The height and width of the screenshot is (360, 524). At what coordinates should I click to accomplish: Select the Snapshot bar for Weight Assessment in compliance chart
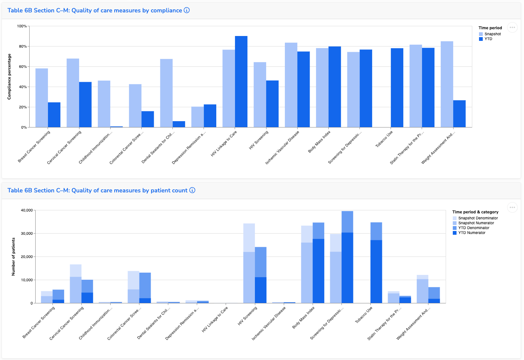(447, 84)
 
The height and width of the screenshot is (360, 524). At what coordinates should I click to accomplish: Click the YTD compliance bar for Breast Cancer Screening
(54, 115)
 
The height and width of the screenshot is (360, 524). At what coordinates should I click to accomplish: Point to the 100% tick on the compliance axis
(22, 26)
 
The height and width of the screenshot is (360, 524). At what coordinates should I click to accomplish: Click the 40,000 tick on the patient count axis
(27, 210)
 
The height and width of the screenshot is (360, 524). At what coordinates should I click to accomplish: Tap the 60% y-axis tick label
(22, 67)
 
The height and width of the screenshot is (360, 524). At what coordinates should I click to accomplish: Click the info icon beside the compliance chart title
(187, 10)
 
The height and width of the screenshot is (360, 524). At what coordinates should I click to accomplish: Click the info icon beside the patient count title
(192, 190)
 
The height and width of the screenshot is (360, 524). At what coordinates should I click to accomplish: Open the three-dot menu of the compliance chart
(512, 27)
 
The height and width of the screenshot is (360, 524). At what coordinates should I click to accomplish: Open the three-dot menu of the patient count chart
(512, 207)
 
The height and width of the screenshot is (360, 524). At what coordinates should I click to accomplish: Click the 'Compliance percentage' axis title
(9, 77)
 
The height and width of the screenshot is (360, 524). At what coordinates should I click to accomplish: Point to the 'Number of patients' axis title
(13, 256)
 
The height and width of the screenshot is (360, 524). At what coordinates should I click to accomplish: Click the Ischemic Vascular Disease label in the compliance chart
(282, 147)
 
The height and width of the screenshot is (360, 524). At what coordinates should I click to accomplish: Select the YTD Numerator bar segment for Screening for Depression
(347, 268)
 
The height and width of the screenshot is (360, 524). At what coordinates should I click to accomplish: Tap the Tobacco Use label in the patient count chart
(364, 315)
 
